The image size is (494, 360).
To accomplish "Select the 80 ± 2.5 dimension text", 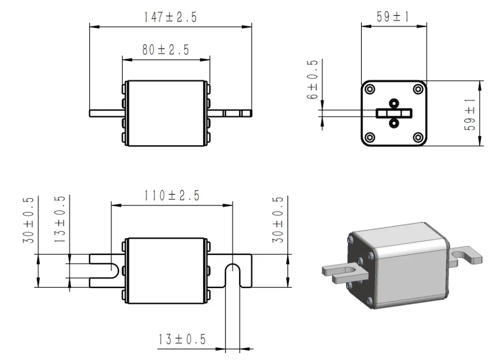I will click(165, 50).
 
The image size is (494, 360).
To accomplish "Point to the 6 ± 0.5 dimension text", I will click(314, 80).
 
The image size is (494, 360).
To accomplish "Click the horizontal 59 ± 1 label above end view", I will click(393, 17).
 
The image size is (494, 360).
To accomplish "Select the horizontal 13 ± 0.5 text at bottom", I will click(183, 339).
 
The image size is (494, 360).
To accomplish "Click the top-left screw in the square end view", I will click(370, 89).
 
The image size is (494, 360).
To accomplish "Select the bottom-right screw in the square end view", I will click(418, 137).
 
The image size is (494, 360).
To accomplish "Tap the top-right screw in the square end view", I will click(418, 89).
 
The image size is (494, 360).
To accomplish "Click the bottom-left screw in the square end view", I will click(370, 137).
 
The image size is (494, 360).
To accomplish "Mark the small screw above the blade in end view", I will click(394, 102).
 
